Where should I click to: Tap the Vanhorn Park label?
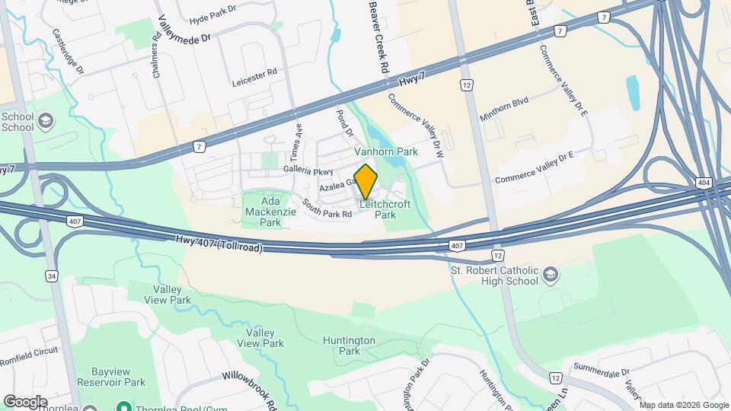[386, 152]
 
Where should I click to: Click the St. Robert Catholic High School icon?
[551, 274]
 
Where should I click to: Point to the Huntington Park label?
[349, 346]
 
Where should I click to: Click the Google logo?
[25, 401]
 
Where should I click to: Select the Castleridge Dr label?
[68, 51]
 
